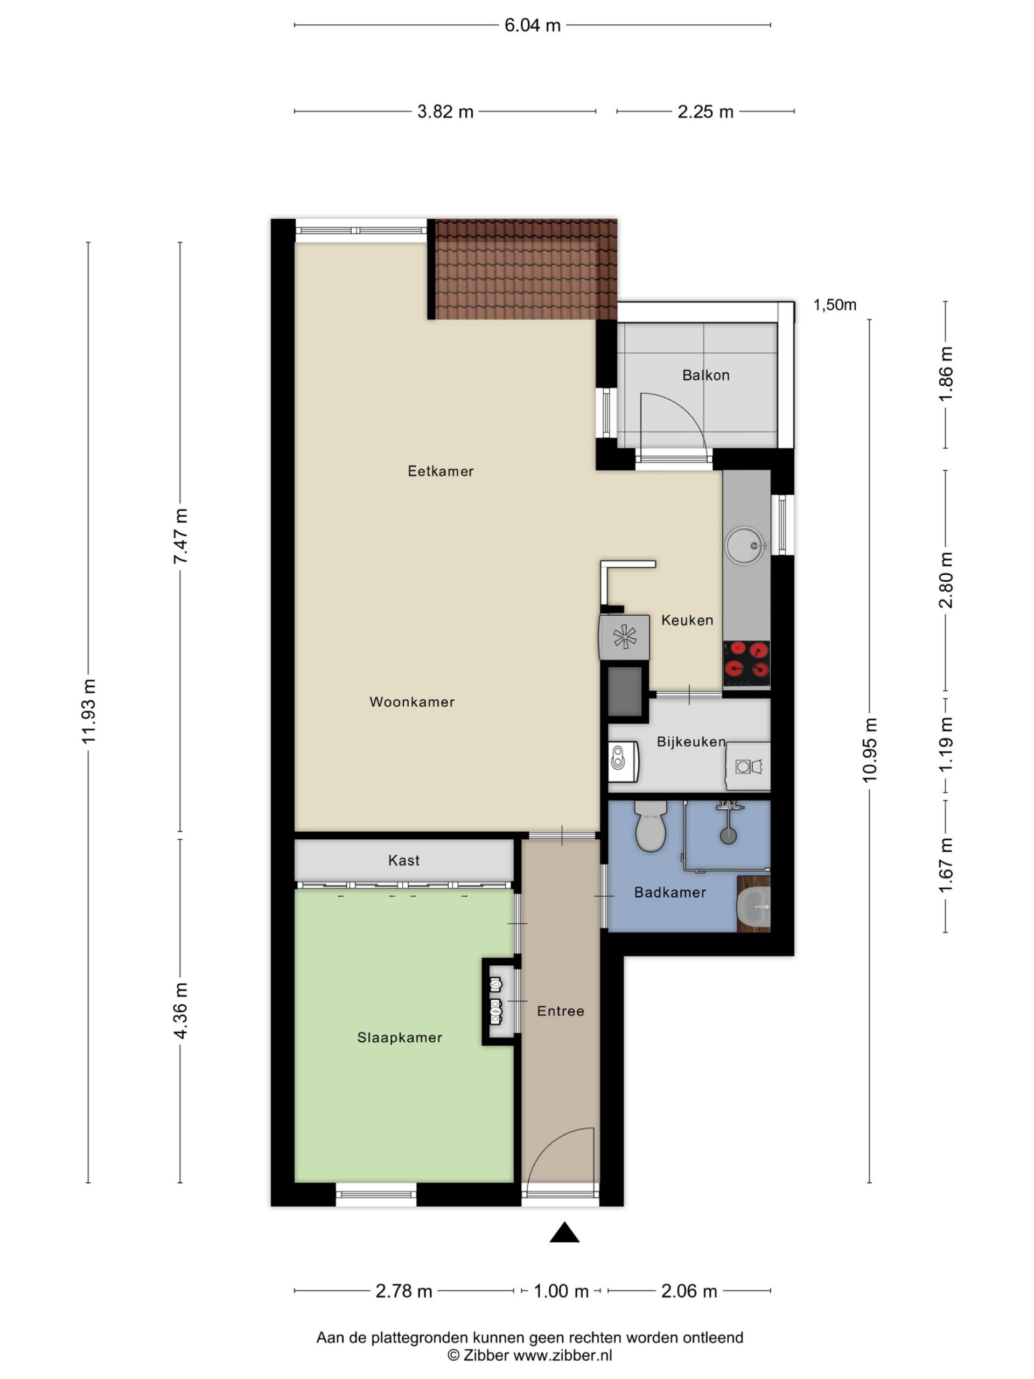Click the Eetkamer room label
(x=440, y=471)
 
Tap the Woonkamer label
(x=412, y=702)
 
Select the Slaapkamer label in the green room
(x=400, y=1037)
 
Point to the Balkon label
(x=705, y=375)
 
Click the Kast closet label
(x=404, y=860)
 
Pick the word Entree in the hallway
(x=560, y=1011)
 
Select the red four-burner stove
(x=746, y=665)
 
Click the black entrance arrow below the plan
(x=564, y=1233)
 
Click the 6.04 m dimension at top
(x=532, y=25)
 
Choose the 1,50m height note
(x=835, y=305)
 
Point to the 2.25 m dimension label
(x=705, y=112)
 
